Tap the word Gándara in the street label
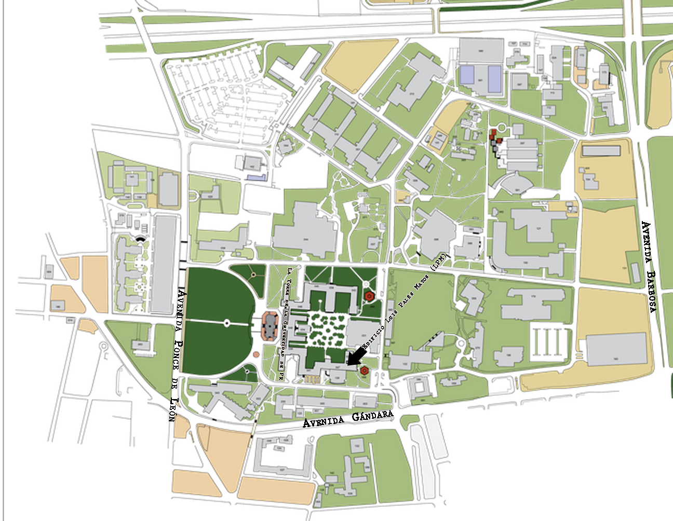pos(372,416)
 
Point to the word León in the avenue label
pos(173,409)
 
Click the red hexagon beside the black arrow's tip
pos(365,371)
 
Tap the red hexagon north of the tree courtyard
pos(369,297)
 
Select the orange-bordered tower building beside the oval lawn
pos(270,325)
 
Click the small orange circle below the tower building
pos(256,355)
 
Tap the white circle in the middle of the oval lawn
pos(226,323)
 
